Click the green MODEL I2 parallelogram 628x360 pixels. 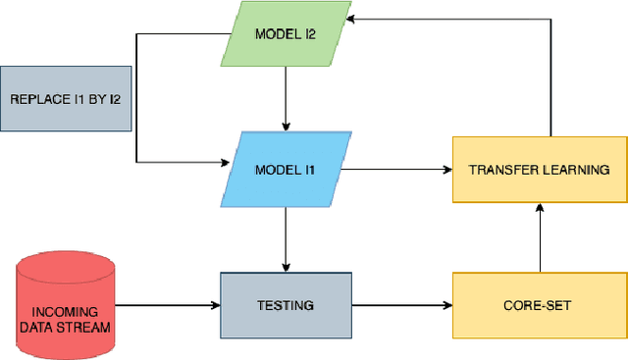tap(284, 35)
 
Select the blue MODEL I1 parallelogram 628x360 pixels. tap(284, 170)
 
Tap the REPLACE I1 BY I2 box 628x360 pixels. tap(66, 99)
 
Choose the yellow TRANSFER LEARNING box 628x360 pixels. tap(539, 170)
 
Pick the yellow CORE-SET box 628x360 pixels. tap(539, 305)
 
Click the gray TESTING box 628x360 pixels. tap(285, 305)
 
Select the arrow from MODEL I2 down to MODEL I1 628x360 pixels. tap(285, 102)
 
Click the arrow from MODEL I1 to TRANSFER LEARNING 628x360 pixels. tap(397, 170)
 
